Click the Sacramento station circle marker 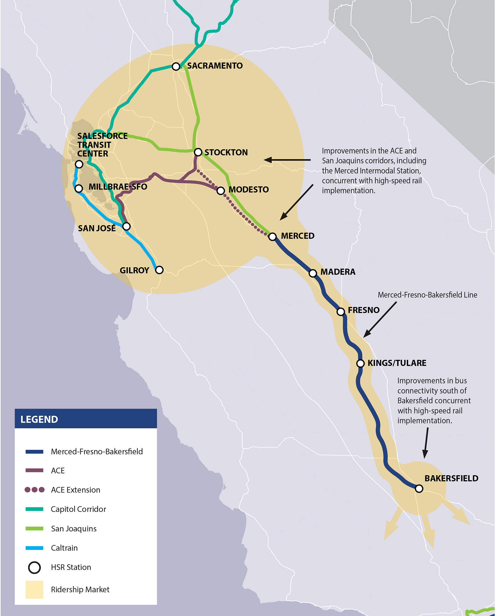point(176,66)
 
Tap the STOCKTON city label point(226,152)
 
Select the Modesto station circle point(220,191)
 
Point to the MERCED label point(297,236)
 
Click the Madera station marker point(313,273)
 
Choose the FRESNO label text point(363,310)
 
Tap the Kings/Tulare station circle point(360,363)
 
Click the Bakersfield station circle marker point(419,488)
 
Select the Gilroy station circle point(159,270)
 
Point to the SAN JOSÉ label point(97,228)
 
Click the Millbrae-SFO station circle point(79,188)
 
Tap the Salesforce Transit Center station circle point(79,164)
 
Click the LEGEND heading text point(39,419)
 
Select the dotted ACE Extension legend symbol point(35,490)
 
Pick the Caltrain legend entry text point(64,548)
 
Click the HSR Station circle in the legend point(35,567)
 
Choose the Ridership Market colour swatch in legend point(34,590)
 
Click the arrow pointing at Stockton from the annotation point(287,160)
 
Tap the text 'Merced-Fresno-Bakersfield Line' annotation point(427,295)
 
